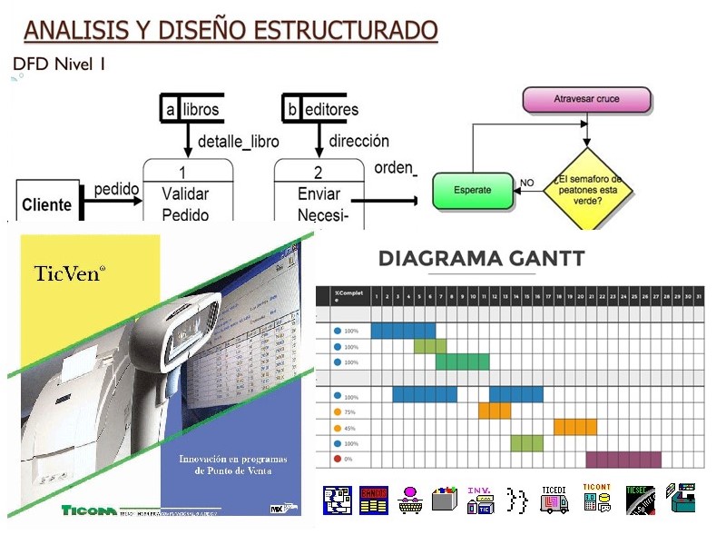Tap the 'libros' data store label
click(201, 109)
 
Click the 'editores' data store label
click(329, 109)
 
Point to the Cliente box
click(46, 204)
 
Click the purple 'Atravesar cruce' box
click(587, 100)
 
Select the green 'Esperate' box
click(473, 191)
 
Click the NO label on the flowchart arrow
click(527, 183)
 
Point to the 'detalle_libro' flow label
click(238, 142)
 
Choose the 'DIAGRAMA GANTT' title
click(481, 259)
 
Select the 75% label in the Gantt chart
click(351, 411)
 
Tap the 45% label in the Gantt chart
click(351, 428)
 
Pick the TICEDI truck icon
click(554, 499)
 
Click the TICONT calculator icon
click(596, 499)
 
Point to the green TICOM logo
click(89, 509)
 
